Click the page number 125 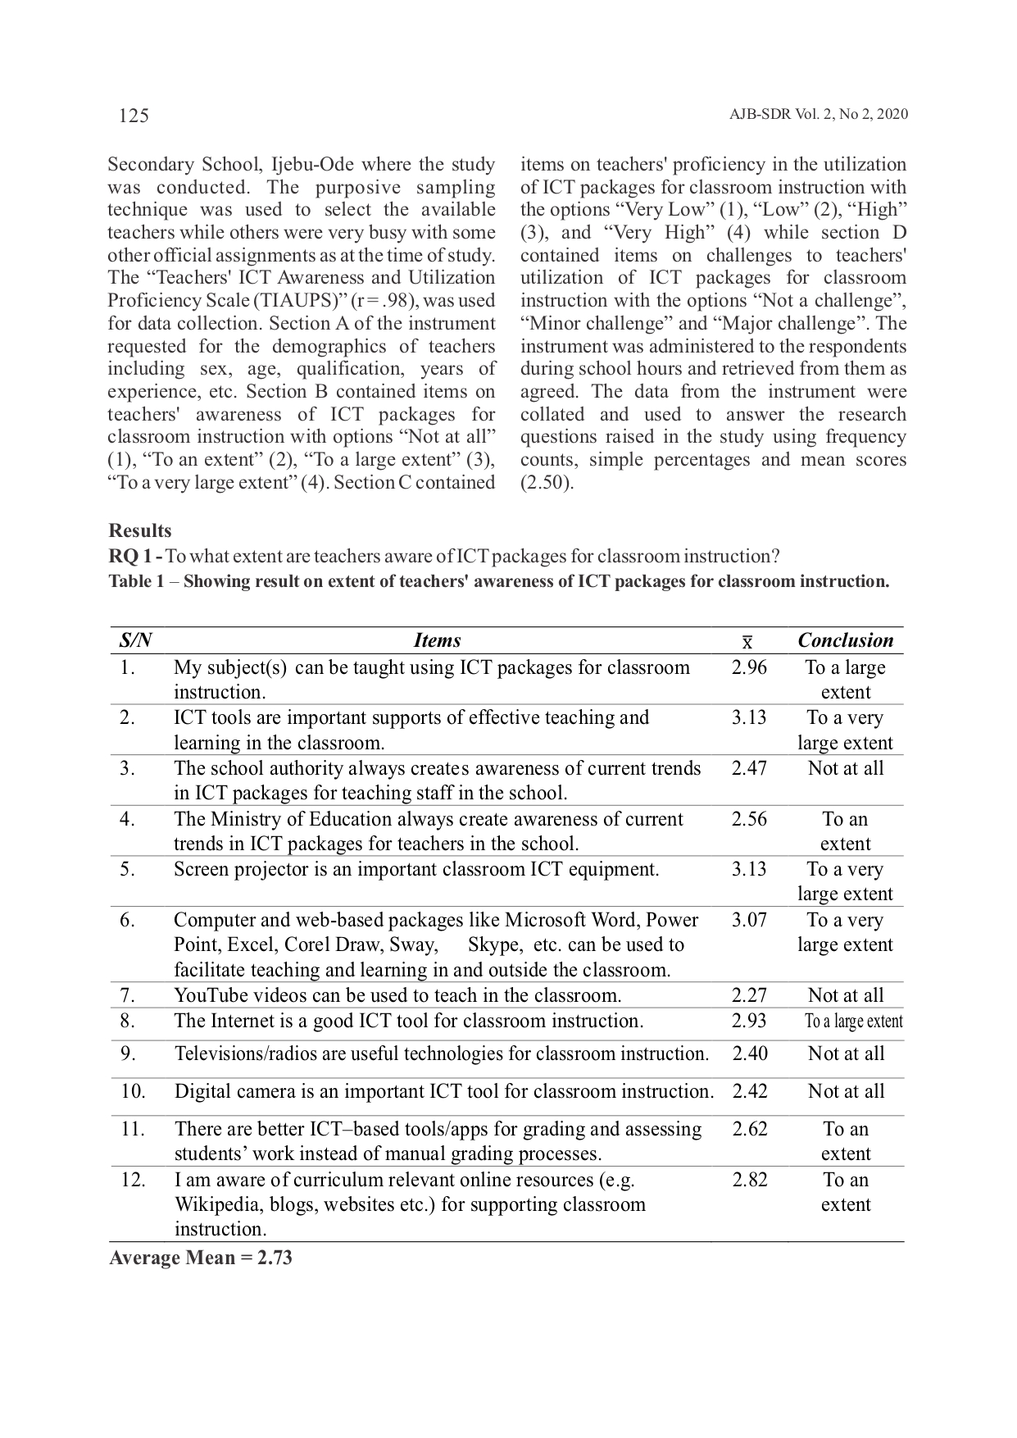(134, 115)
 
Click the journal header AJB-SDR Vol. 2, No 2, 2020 (818, 114)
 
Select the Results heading (140, 530)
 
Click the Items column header (437, 640)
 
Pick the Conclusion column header (845, 640)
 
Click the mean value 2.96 (749, 667)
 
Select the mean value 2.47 (749, 768)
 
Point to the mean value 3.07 (749, 920)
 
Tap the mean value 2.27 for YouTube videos (749, 995)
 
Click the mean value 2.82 (750, 1180)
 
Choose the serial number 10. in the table (133, 1091)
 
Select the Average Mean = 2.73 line (201, 1258)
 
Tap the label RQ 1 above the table (134, 557)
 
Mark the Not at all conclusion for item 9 (846, 1053)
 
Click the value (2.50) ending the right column (547, 482)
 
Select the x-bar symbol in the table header (747, 642)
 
